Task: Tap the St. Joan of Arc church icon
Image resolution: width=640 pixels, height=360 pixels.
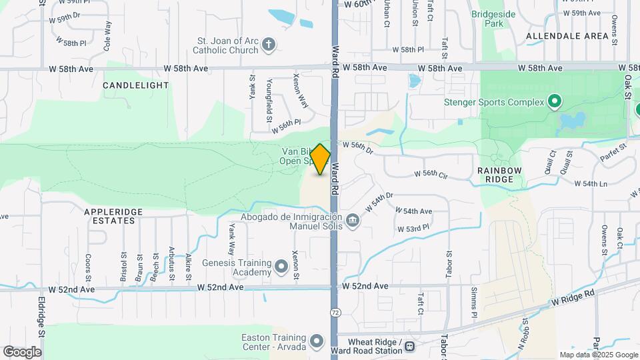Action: (x=269, y=45)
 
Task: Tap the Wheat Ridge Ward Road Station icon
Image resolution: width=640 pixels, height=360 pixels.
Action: (x=411, y=346)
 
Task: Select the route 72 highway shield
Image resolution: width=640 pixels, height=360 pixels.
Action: (x=334, y=313)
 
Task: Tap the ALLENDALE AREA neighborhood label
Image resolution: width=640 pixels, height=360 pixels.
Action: (x=567, y=35)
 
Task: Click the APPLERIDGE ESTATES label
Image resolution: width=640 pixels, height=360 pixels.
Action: (x=113, y=216)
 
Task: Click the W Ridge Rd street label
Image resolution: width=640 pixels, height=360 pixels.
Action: (x=572, y=297)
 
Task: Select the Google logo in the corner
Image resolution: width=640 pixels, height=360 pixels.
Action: (x=22, y=352)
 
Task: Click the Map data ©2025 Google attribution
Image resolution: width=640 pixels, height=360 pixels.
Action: (x=599, y=355)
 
